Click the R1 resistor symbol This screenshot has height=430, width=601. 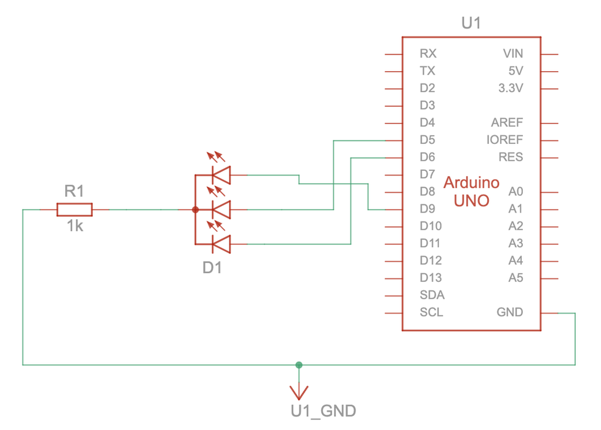(75, 209)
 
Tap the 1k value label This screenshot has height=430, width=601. (75, 226)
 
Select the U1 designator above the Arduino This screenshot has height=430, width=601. (471, 23)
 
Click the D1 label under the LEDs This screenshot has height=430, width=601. (212, 268)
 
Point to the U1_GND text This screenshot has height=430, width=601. (323, 411)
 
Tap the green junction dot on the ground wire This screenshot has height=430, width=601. (299, 365)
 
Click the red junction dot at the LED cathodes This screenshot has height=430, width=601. (195, 209)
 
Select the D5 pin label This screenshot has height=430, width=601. (427, 140)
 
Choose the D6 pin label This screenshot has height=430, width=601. (427, 157)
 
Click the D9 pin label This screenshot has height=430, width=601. (427, 209)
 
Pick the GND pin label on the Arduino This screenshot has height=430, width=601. (509, 312)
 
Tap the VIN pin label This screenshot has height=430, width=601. (513, 53)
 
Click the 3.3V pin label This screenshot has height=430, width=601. (510, 88)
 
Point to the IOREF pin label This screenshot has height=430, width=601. (505, 140)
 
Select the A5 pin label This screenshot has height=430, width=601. (515, 277)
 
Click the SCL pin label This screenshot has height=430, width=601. (431, 312)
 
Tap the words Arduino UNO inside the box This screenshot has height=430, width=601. (471, 191)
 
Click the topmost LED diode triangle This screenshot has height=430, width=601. (221, 175)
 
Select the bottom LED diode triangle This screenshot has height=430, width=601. (221, 244)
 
